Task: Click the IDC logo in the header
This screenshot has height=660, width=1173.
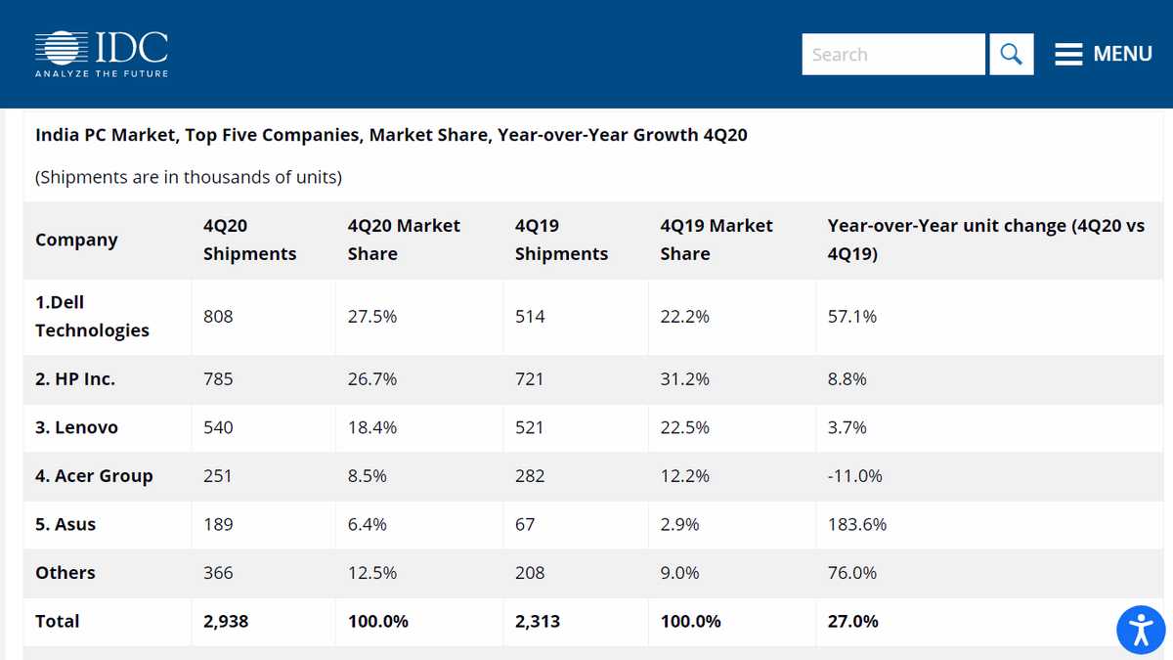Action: [x=102, y=54]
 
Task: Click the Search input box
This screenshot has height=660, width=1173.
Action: [x=892, y=55]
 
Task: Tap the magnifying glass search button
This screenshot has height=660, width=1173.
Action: [x=1011, y=55]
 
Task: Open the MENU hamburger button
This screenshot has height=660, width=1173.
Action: [x=1104, y=55]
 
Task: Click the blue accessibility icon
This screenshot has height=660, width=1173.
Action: [x=1141, y=629]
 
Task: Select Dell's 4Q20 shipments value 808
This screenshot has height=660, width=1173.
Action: [x=218, y=317]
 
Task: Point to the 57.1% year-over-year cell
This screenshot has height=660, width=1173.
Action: [x=851, y=317]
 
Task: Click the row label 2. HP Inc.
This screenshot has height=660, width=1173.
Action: [x=75, y=379]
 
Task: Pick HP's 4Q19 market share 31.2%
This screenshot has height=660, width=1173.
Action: [x=684, y=379]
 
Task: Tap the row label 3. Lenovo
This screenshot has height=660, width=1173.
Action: [x=76, y=428]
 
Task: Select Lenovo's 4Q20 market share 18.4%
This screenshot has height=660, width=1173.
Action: [x=371, y=428]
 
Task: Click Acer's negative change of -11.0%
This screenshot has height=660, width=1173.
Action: [x=854, y=476]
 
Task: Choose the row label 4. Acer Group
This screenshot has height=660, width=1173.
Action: [x=94, y=476]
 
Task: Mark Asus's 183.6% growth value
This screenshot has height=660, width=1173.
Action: [x=856, y=525]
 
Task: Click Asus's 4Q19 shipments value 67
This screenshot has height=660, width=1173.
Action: [x=525, y=525]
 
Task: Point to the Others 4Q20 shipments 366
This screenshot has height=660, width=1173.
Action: [x=218, y=573]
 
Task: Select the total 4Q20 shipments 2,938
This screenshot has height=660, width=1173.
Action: [x=226, y=622]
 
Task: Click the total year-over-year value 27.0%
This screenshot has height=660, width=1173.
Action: [x=852, y=622]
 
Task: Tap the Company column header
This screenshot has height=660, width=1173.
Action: [x=76, y=241]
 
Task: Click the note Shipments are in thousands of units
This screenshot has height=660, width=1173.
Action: [x=189, y=178]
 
